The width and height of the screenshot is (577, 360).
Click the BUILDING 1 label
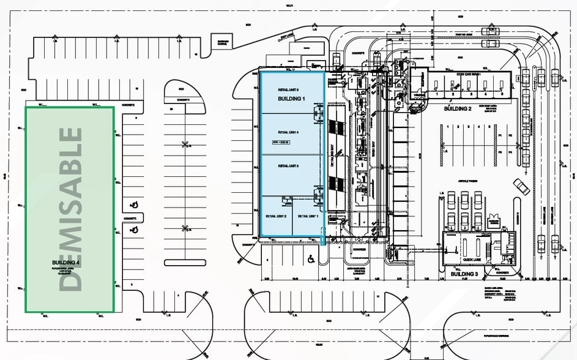click(291, 99)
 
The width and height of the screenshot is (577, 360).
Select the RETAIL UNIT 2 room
click(276, 216)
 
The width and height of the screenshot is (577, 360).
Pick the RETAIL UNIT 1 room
click(308, 216)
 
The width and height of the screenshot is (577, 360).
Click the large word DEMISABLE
click(71, 209)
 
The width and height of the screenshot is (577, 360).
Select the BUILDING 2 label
click(458, 108)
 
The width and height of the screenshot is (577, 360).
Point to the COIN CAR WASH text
click(469, 74)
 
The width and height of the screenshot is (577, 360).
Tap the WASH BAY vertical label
click(373, 151)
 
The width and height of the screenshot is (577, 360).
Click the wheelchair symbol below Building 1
click(311, 258)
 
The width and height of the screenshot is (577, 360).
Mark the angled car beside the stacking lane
click(521, 186)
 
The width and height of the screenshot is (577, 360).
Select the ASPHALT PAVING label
click(467, 182)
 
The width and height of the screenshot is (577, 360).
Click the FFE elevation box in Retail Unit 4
click(280, 142)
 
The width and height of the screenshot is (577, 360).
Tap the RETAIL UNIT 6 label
click(287, 90)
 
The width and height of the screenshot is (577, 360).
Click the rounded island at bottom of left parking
click(185, 263)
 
